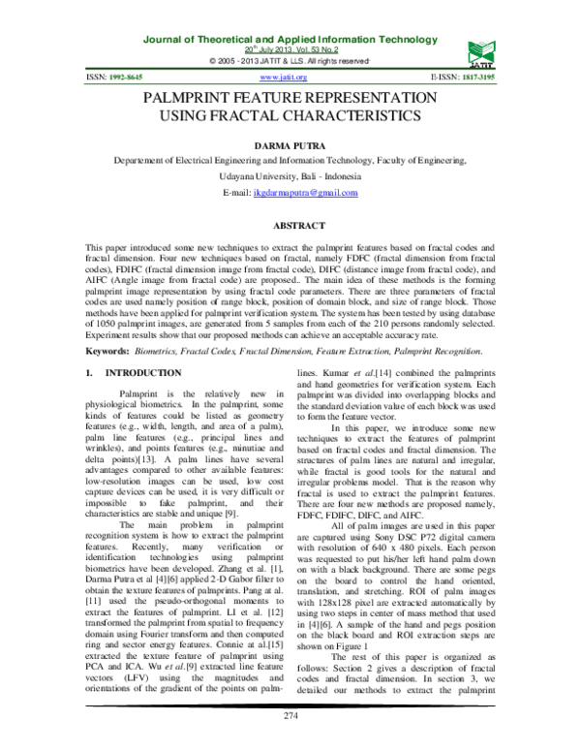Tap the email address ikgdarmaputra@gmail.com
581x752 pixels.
(305, 193)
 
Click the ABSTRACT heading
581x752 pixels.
(290, 225)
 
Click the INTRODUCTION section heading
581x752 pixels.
(143, 372)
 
